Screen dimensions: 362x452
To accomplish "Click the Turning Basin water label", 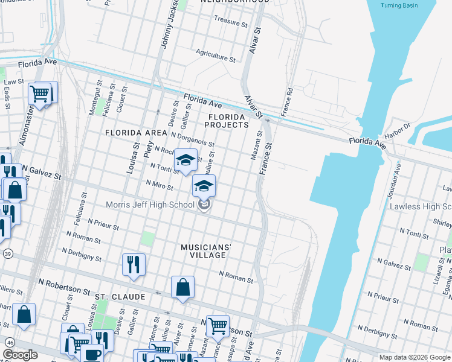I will [399, 5].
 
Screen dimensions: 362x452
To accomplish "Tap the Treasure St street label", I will [231, 22].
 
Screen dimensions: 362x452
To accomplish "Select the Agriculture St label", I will [216, 56].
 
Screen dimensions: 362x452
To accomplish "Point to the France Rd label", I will [287, 103].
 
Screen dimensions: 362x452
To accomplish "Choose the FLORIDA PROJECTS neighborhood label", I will [226, 121].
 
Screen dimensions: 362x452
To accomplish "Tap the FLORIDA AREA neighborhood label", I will [135, 132].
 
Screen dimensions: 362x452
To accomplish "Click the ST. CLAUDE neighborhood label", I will [120, 297].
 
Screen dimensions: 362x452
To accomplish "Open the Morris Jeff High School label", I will [150, 205].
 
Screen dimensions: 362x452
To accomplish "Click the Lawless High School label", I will [421, 206].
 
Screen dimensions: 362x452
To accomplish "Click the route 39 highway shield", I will [5, 254].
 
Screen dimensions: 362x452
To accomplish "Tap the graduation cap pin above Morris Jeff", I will [204, 185].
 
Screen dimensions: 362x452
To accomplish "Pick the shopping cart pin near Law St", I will [39, 94].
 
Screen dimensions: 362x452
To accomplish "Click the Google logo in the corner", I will [21, 354].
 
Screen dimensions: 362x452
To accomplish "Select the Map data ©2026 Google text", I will [415, 357].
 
